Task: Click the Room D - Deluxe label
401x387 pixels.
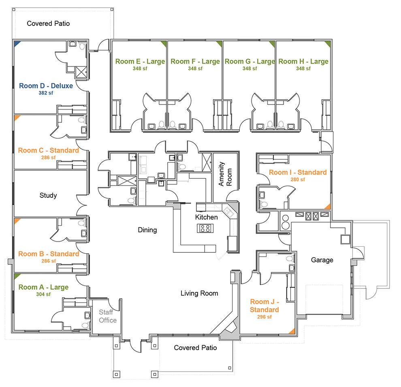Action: [46, 86]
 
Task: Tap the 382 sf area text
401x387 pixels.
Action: [46, 93]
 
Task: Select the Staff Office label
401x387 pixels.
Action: [108, 316]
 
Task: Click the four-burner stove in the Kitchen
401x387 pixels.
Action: [206, 229]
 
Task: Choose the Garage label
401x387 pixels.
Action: [322, 260]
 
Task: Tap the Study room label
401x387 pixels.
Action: [48, 195]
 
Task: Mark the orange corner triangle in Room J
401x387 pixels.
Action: [291, 331]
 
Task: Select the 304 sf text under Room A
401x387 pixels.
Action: [43, 295]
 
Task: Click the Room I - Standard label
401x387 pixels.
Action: [298, 172]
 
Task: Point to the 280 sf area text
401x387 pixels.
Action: [297, 180]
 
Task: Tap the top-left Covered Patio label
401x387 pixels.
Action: [48, 24]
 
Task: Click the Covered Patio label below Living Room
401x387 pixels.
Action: [195, 348]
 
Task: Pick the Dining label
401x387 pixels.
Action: [147, 230]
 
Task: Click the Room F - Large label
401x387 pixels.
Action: [195, 62]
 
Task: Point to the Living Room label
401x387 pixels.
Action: [199, 293]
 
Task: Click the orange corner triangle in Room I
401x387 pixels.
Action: [328, 207]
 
